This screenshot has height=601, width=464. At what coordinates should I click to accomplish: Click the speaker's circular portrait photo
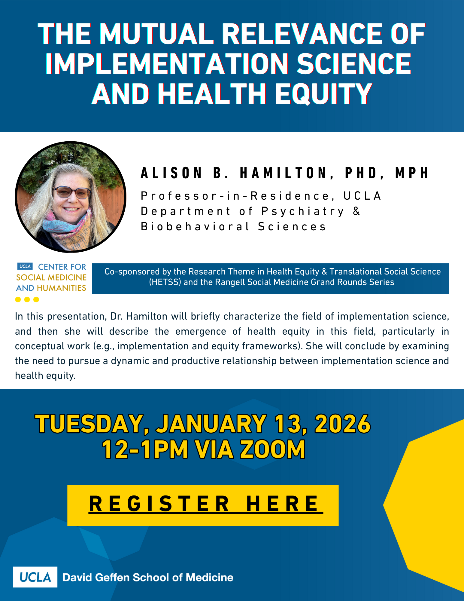[71, 197]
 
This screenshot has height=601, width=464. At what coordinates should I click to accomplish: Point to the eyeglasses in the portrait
[71, 192]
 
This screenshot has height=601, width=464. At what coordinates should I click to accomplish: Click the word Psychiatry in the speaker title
[303, 212]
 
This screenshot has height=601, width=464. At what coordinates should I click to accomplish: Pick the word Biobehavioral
[195, 226]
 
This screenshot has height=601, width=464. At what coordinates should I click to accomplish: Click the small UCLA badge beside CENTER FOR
[25, 266]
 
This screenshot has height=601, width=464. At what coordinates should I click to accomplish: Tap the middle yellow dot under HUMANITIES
[27, 299]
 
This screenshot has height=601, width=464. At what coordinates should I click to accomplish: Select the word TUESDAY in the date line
[92, 424]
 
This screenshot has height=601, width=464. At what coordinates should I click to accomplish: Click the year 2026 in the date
[343, 424]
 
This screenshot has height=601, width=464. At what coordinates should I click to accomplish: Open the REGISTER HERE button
[203, 505]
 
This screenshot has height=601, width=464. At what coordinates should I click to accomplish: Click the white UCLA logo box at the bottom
[35, 577]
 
